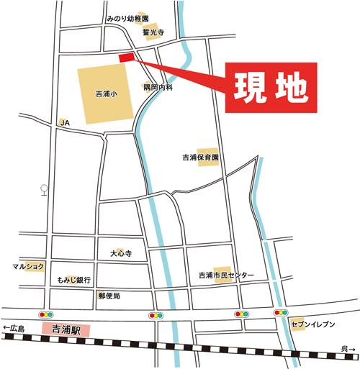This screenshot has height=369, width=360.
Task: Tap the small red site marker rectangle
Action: pyautogui.click(x=126, y=57)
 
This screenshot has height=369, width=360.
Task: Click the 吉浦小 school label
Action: pyautogui.click(x=106, y=94)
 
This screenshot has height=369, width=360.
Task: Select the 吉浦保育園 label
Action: pyautogui.click(x=200, y=156)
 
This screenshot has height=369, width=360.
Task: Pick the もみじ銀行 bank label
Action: pyautogui.click(x=74, y=280)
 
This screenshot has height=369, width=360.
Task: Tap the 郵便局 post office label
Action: pyautogui.click(x=109, y=296)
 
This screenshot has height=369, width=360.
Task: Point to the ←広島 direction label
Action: pyautogui.click(x=14, y=329)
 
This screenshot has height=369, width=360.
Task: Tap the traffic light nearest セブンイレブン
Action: pyautogui.click(x=280, y=314)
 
